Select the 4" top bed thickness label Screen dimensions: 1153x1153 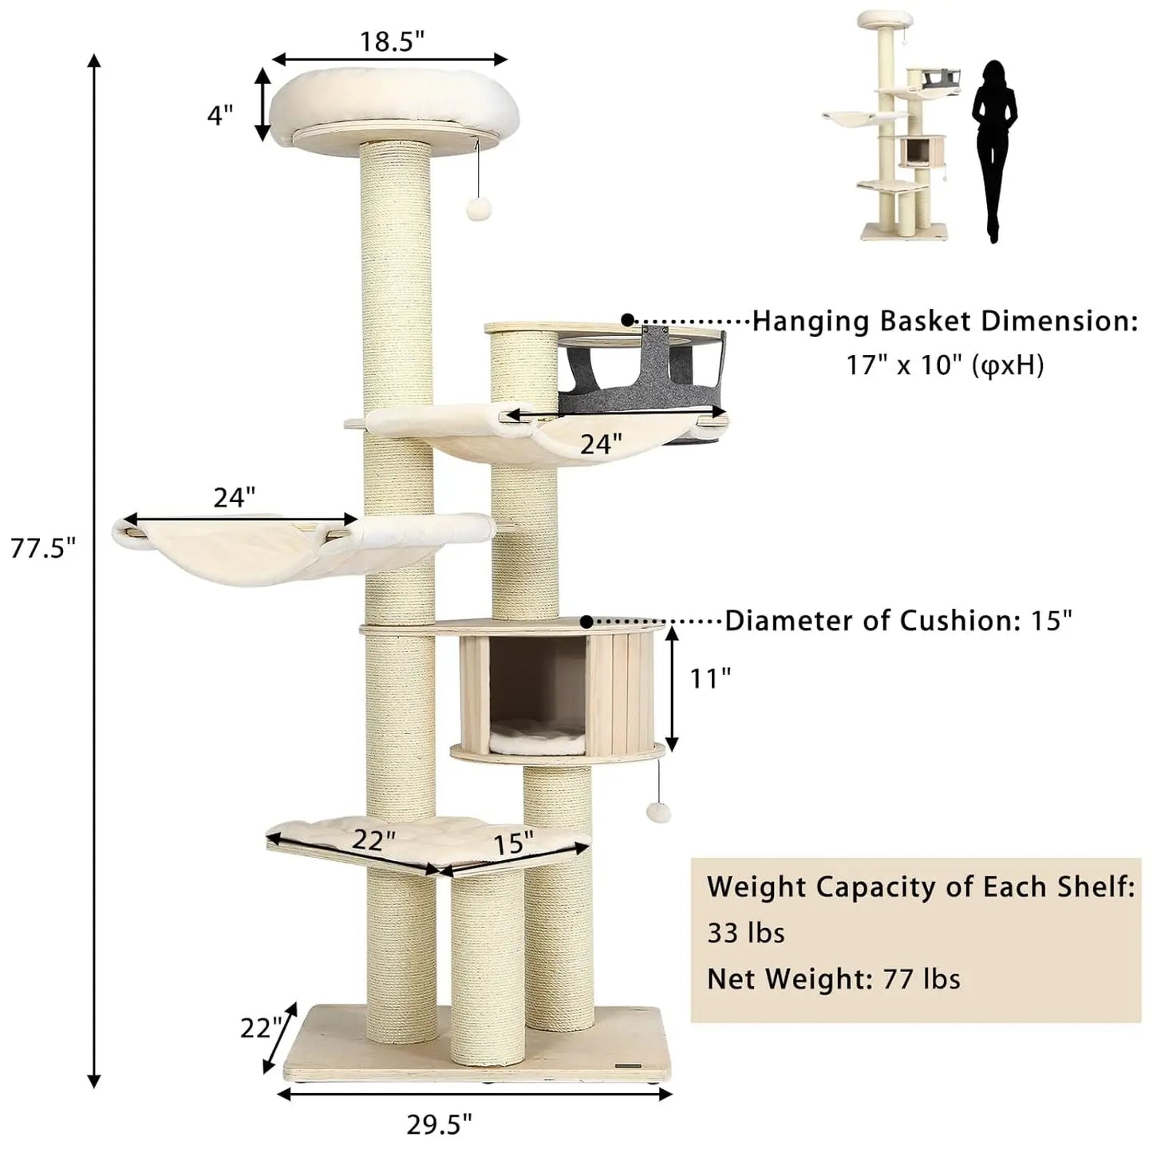tap(219, 115)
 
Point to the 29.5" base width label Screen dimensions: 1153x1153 tap(439, 1124)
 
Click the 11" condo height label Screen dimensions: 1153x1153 tap(710, 678)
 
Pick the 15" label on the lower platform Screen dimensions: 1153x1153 tap(513, 843)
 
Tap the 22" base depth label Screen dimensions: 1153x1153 tap(261, 1029)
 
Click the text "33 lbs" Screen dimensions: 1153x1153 tap(745, 932)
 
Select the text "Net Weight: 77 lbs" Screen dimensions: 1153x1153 tap(833, 978)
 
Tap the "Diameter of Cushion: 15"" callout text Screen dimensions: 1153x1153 tap(898, 621)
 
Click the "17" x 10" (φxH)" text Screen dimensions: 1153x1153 tap(945, 365)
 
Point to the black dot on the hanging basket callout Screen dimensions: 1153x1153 tap(628, 320)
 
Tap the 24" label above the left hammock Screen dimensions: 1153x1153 tap(234, 498)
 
